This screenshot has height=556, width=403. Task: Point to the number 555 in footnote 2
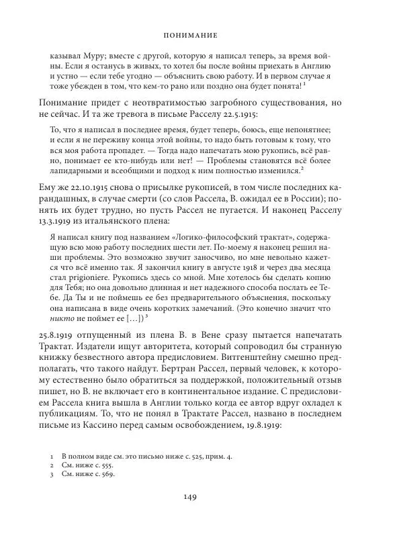click(x=107, y=465)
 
